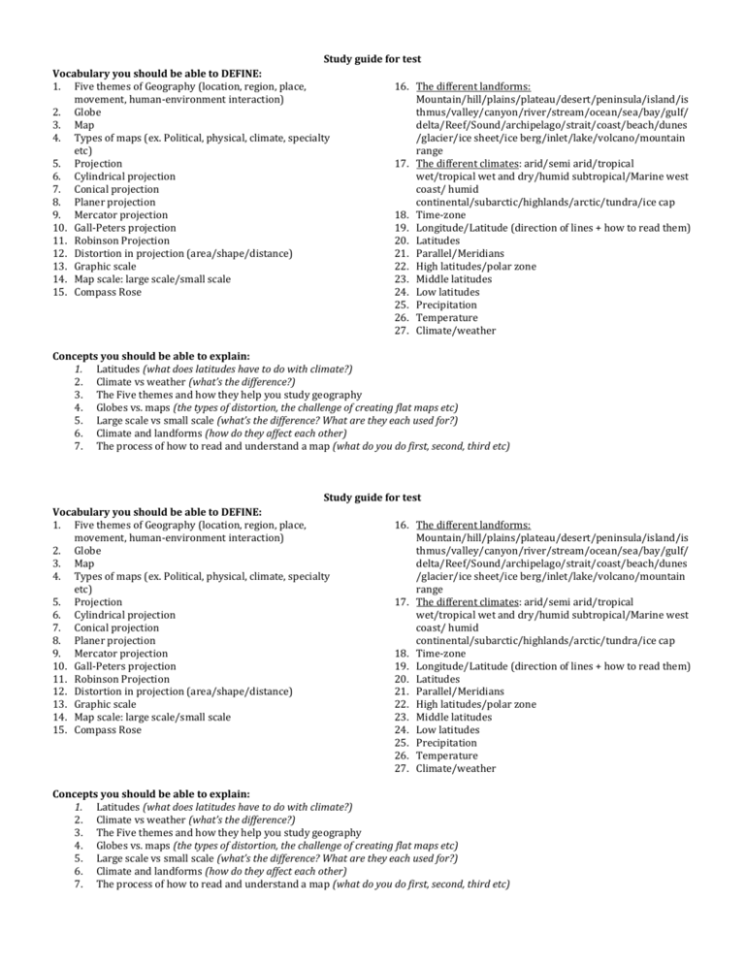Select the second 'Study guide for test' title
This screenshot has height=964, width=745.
[x=372, y=498]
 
